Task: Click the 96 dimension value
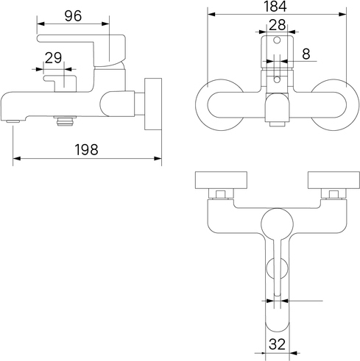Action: [x=73, y=16]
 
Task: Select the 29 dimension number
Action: [x=54, y=58]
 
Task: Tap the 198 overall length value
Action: [x=86, y=149]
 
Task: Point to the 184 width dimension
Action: [x=275, y=7]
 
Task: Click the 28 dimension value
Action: [x=278, y=25]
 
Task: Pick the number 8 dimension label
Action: [x=306, y=54]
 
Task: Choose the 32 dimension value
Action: [x=278, y=344]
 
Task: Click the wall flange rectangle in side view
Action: [x=153, y=104]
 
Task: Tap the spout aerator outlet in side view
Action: [x=13, y=121]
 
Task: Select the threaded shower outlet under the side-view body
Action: [x=65, y=121]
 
